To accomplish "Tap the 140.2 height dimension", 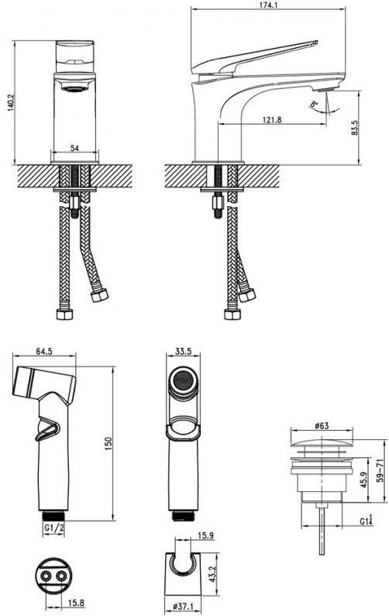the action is [11, 102].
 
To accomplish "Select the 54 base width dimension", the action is [74, 148].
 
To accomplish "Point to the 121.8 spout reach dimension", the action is [272, 120].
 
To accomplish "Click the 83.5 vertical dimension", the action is [354, 128].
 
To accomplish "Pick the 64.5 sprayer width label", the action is [44, 351].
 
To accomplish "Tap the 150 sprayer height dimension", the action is [108, 443].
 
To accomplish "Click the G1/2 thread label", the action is [53, 528].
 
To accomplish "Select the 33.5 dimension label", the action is [183, 351].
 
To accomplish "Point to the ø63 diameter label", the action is [322, 425].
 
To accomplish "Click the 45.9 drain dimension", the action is [364, 480].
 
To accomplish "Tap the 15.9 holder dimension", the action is [205, 535].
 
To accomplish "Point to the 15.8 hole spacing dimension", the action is [76, 602].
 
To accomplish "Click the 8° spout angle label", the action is [314, 104].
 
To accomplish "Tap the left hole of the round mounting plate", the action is [46, 576].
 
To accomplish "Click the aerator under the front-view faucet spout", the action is [74, 89].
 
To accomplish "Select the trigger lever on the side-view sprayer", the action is [48, 431].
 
